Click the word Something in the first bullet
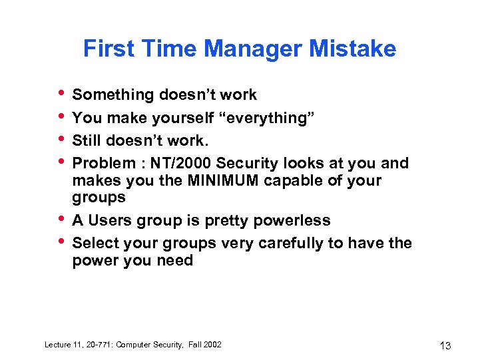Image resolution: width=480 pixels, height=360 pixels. click(x=113, y=95)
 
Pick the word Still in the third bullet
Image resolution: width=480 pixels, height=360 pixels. click(x=88, y=140)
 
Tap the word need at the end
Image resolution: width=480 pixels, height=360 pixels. click(x=174, y=260)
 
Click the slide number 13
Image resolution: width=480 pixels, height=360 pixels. click(x=445, y=345)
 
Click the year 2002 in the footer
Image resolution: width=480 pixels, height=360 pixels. click(x=212, y=344)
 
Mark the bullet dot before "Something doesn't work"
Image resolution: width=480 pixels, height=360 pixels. click(x=62, y=92)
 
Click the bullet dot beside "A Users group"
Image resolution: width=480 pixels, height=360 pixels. click(x=62, y=218)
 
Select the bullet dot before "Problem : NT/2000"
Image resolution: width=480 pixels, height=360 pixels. click(x=62, y=160)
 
